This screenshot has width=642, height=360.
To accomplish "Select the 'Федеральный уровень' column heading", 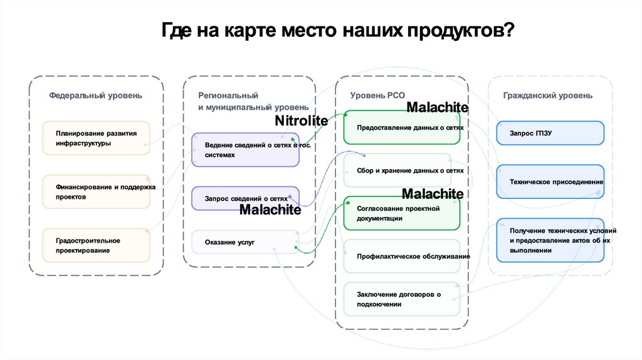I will [96, 95].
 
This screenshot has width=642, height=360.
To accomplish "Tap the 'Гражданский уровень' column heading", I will [547, 95].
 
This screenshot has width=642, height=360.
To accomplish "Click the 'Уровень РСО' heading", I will [377, 95].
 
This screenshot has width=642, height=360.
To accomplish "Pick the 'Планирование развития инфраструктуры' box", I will [96, 138].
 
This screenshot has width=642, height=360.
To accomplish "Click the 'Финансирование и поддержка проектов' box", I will [96, 192].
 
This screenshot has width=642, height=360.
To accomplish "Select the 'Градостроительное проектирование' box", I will [96, 245].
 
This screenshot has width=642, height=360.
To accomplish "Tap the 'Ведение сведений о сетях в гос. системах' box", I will [246, 150].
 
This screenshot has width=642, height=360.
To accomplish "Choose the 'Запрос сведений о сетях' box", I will [246, 198].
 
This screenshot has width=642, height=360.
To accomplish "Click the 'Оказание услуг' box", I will [246, 242].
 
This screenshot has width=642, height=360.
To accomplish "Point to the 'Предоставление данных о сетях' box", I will [402, 128].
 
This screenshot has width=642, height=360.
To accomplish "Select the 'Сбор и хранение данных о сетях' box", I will [402, 170].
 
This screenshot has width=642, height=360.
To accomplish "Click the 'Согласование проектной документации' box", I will [402, 213].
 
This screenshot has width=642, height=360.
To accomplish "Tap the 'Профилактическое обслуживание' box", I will [402, 256].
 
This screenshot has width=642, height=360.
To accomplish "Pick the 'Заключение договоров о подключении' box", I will [402, 299].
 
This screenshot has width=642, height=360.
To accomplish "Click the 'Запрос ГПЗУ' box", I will [550, 133].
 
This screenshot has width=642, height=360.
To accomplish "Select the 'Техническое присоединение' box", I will [550, 182].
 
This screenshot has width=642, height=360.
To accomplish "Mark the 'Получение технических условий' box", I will [550, 240].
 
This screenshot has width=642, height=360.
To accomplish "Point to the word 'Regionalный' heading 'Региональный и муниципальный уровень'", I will [228, 95].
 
